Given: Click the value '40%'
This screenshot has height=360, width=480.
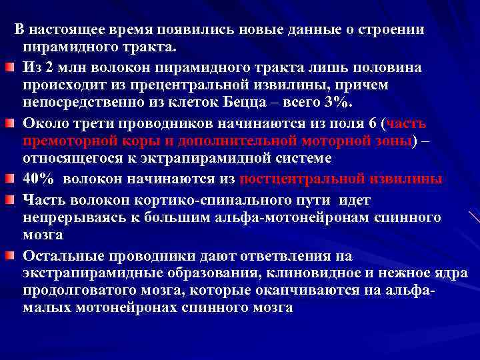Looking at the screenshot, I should click(x=39, y=179).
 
